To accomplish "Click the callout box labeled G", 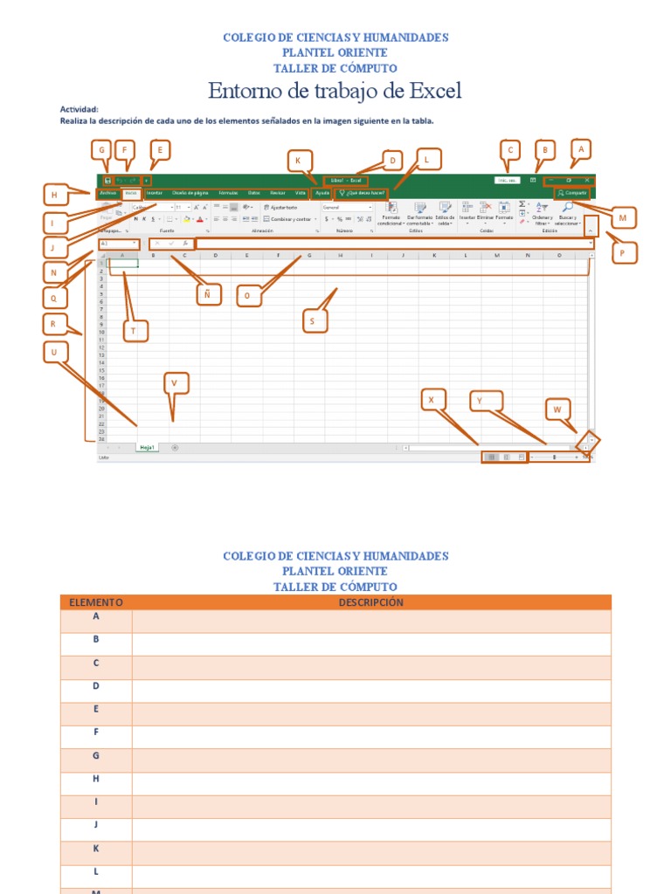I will (103, 151).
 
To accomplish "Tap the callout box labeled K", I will (299, 161).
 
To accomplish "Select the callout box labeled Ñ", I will (207, 296).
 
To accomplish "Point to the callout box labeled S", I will (314, 321).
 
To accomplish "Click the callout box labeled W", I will (557, 409).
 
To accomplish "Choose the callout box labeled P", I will (623, 252).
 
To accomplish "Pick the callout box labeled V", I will (176, 383).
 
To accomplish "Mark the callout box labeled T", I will (135, 330).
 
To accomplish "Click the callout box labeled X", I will (431, 400).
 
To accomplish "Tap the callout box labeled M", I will (622, 217).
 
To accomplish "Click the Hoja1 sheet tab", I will (148, 448).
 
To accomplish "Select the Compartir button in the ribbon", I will (573, 192).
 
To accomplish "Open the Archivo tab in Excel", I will (108, 192).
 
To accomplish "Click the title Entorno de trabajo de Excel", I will (335, 91).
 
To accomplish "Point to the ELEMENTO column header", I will (96, 602).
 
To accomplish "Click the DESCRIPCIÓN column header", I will (371, 602).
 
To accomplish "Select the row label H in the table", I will (96, 779).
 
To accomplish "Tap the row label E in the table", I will (96, 709).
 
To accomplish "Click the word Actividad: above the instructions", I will (79, 109).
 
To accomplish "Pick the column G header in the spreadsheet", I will (309, 255).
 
